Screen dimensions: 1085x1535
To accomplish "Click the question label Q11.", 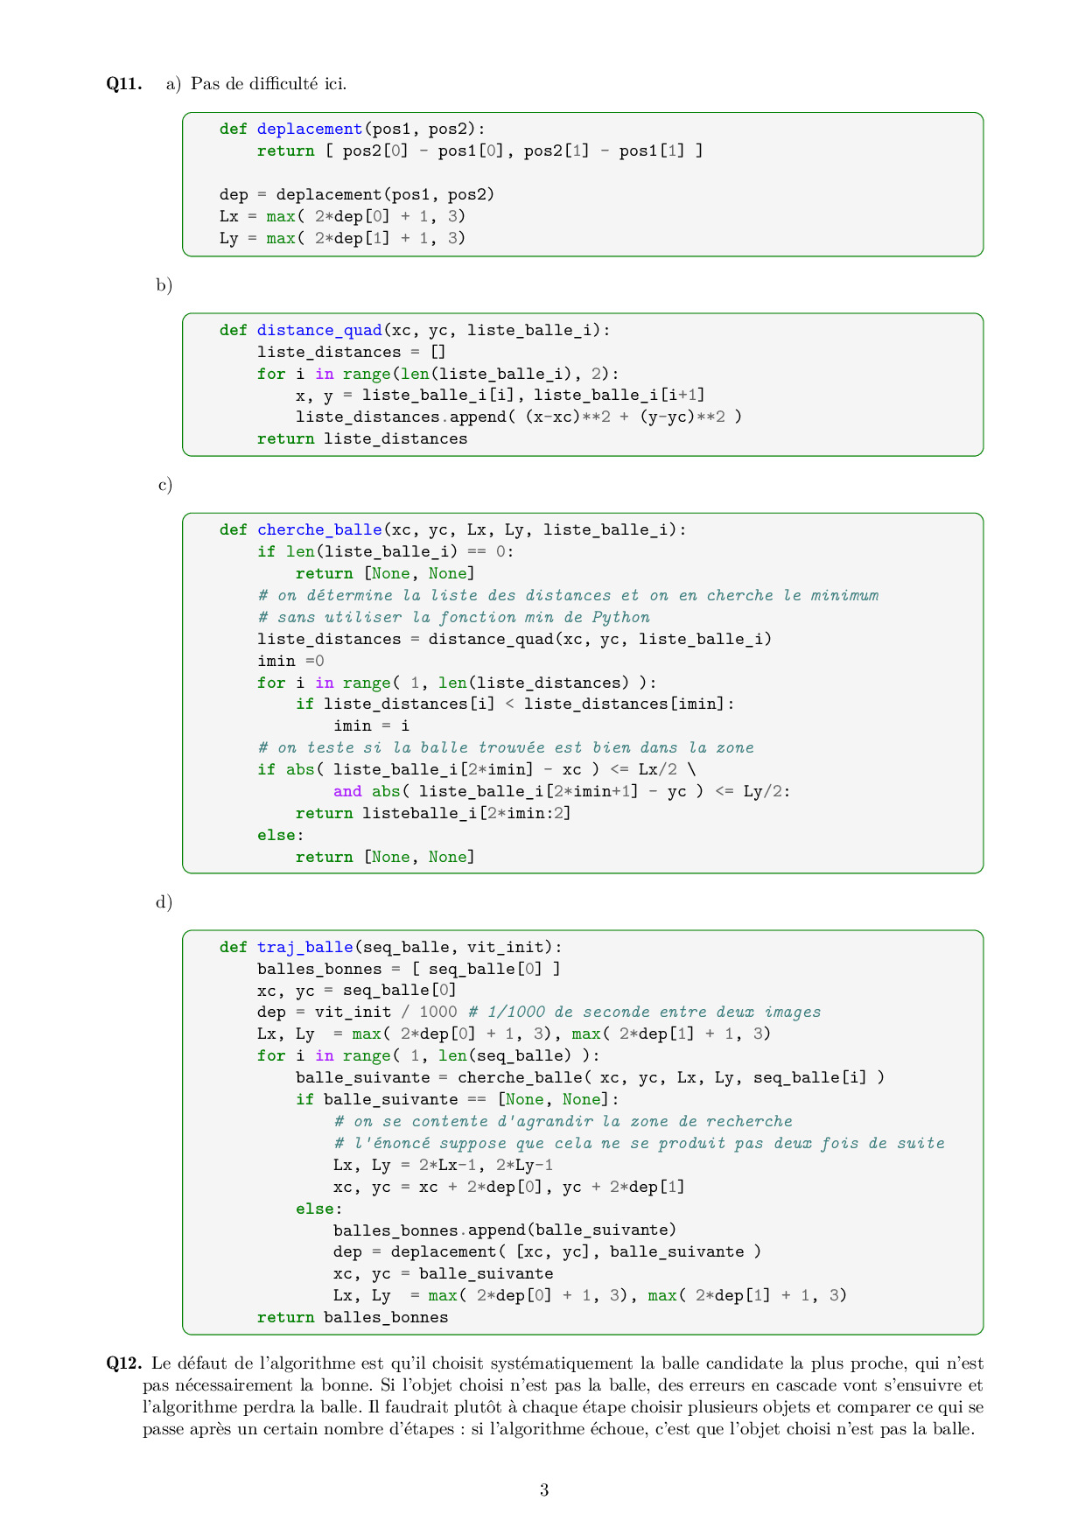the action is tap(124, 84).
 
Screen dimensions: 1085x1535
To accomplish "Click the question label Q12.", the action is tap(124, 1363).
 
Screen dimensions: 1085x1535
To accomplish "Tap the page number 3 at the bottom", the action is tap(544, 1490).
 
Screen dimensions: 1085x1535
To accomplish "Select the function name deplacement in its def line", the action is tap(310, 130).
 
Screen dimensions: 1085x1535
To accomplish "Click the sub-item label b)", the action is tap(164, 285).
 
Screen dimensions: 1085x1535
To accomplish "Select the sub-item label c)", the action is tap(165, 485).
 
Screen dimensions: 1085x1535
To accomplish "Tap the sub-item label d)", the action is tap(164, 902).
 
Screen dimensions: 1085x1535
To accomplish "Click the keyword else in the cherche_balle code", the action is tap(276, 835).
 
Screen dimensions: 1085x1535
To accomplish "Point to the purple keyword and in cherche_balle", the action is tap(347, 791).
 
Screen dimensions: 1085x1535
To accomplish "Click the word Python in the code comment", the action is tap(620, 618).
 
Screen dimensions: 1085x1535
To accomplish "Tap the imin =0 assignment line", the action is tap(290, 661).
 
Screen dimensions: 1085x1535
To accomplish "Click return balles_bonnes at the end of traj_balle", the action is tap(353, 1318).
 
